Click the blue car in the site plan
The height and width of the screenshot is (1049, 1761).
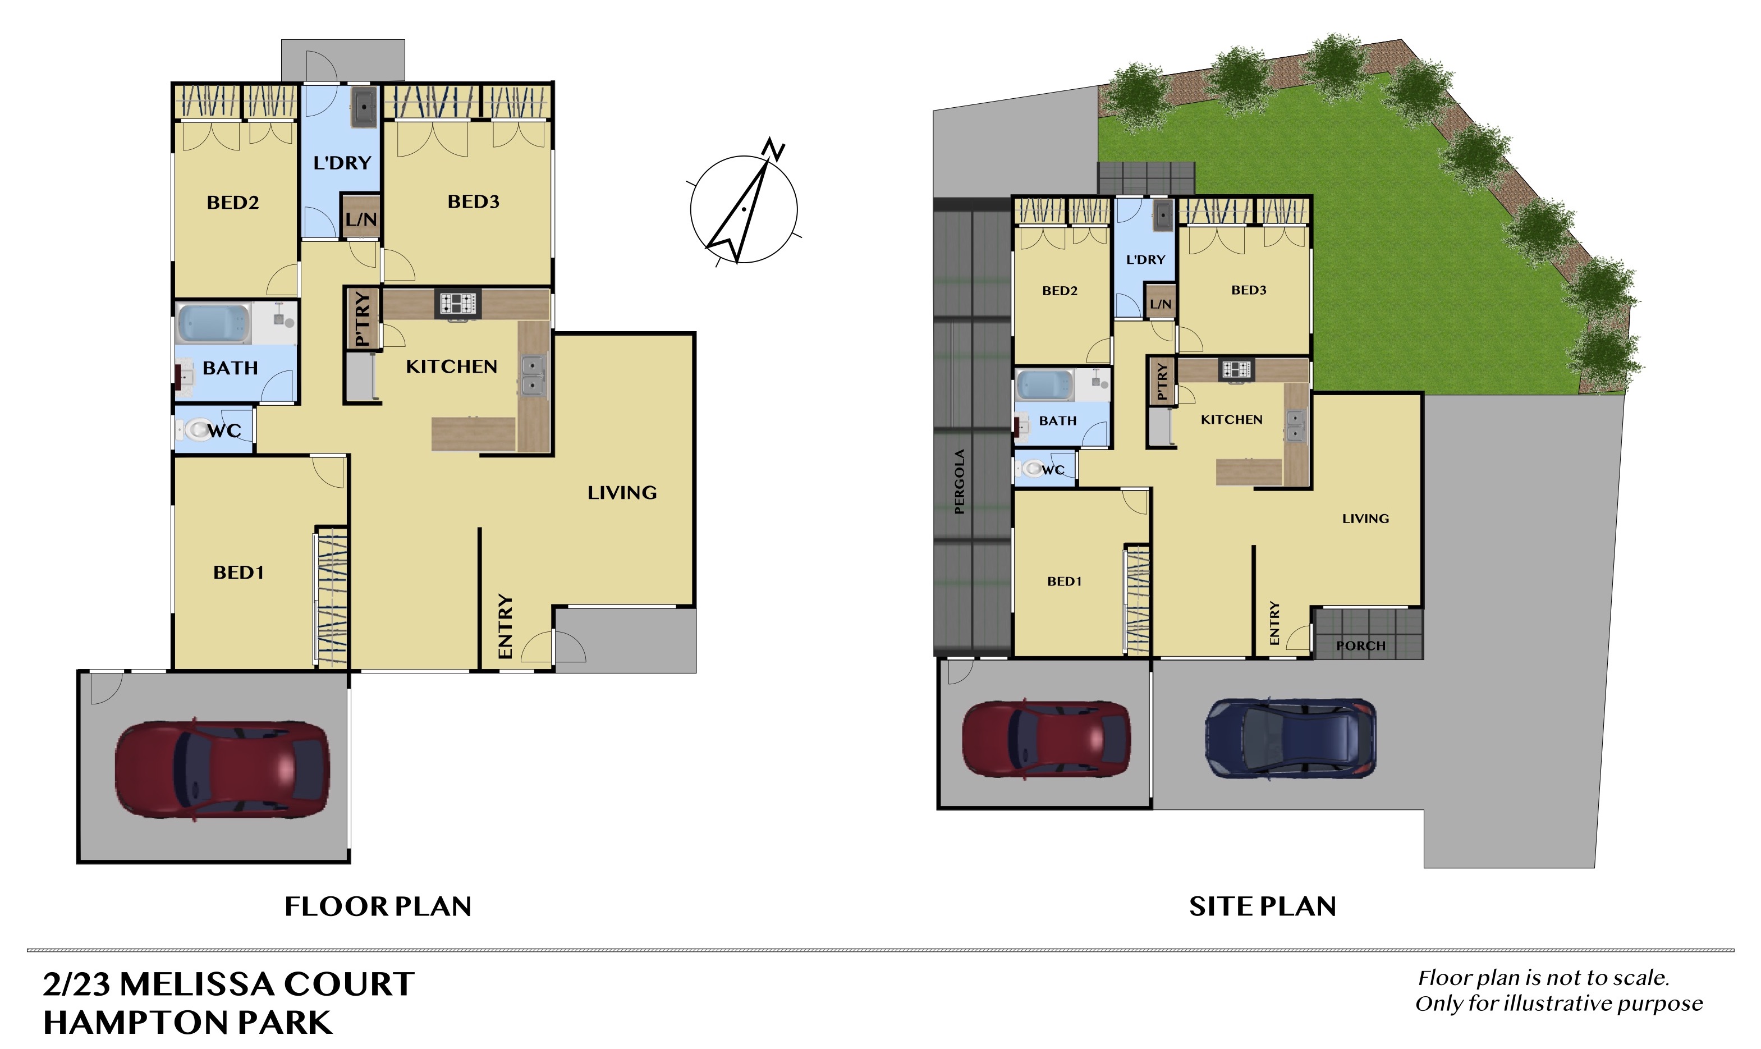click(x=1290, y=739)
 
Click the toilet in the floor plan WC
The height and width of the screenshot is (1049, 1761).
click(x=196, y=429)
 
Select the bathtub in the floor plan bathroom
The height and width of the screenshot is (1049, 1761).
click(x=213, y=324)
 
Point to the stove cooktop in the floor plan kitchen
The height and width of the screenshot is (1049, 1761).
click(x=458, y=303)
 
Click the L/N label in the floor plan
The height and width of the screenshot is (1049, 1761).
click(x=361, y=219)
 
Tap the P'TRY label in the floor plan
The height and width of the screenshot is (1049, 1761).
click(x=362, y=319)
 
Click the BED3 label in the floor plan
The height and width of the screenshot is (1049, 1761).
click(x=474, y=201)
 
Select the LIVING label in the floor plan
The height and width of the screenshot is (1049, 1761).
click(x=622, y=493)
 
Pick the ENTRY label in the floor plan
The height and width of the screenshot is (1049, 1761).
click(x=505, y=626)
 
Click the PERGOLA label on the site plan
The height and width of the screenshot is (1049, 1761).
click(x=959, y=482)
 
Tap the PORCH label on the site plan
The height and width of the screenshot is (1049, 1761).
click(x=1360, y=645)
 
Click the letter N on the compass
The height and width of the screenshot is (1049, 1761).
click(x=774, y=149)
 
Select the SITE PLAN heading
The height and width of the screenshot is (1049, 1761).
click(x=1263, y=906)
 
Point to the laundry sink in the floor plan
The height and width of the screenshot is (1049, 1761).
click(x=364, y=107)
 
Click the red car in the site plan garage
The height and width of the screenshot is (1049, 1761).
click(x=1046, y=739)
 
